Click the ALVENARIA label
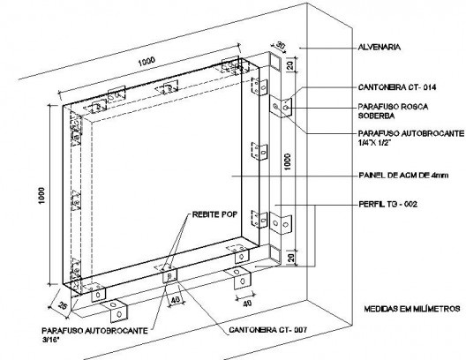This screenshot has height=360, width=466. coord(380,47)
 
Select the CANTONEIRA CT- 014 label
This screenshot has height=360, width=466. coord(397,87)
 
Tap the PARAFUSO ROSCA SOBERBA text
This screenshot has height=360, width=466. coord(393,111)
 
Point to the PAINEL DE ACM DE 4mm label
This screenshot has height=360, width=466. coord(403,176)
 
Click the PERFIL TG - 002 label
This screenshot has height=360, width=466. coord(388,204)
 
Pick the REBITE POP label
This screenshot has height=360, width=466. coord(214,214)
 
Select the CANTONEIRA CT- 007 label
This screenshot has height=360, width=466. coord(268,330)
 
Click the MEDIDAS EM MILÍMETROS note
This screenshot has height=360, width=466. coord(412,309)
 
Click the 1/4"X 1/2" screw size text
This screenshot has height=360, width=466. coord(374,143)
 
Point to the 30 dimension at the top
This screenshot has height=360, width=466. coord(280,46)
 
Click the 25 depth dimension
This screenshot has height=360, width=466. coord(62,305)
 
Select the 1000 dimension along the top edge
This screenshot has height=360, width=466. coord(147,62)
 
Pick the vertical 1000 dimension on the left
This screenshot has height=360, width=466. coord(41,196)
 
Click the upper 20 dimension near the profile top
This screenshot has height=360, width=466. coord(290,64)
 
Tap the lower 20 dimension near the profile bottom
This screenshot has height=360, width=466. coord(291,257)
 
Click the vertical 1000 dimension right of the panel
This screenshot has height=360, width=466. coord(287,161)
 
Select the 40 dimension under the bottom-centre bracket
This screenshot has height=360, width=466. coord(176,300)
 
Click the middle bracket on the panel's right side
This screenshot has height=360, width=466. coord(259,151)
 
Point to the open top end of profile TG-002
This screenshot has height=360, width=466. coord(274,62)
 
